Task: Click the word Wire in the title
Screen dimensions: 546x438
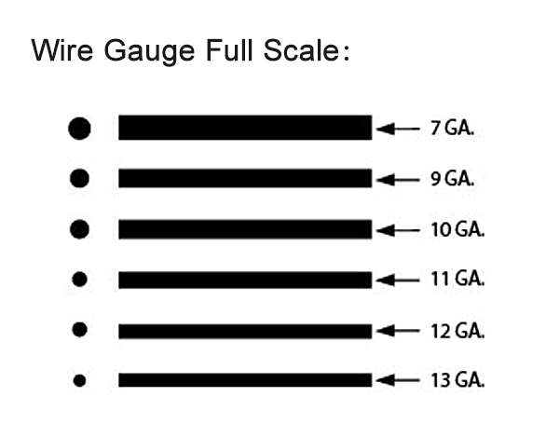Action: coord(62,50)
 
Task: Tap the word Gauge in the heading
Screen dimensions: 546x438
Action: coord(149,52)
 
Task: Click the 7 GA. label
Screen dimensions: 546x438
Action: coord(452,128)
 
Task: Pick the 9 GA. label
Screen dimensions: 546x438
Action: coord(452,179)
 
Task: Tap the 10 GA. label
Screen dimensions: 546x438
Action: coord(457,230)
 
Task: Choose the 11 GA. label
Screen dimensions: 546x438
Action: coord(457,280)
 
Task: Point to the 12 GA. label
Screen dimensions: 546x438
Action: coord(457,331)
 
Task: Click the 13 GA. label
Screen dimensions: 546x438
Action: coord(457,380)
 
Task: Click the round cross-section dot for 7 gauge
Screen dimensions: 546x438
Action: coord(79,129)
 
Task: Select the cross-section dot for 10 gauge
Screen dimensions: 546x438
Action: coord(79,229)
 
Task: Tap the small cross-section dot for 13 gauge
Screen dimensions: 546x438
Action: coord(79,380)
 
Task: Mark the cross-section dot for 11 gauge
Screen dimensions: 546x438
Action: coord(79,280)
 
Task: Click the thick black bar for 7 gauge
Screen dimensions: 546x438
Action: coord(245,128)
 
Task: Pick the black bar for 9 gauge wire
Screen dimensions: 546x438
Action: coord(245,178)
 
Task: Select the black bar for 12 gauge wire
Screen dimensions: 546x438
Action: coord(245,331)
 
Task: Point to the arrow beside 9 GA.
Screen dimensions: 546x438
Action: coord(398,180)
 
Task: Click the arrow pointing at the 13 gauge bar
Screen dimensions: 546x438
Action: coord(398,380)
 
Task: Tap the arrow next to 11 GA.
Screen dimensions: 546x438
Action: coord(398,280)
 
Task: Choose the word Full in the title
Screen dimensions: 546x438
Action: coord(229,50)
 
